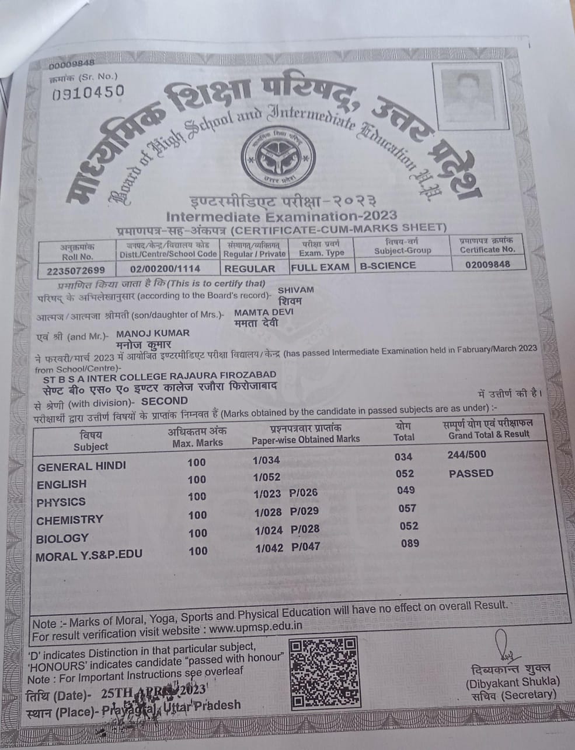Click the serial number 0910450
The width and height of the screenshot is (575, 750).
88,92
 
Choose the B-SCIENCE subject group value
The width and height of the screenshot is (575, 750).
388,265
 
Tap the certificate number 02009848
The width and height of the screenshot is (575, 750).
488,264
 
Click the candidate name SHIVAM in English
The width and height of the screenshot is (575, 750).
296,290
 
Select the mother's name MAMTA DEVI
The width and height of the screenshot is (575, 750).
263,312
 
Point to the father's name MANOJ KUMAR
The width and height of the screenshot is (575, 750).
154,333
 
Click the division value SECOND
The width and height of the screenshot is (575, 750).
165,401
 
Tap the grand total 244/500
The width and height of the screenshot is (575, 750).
466,455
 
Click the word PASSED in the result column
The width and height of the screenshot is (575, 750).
471,474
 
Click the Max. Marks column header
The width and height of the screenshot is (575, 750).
197,437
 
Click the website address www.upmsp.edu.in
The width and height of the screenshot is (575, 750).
255,629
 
